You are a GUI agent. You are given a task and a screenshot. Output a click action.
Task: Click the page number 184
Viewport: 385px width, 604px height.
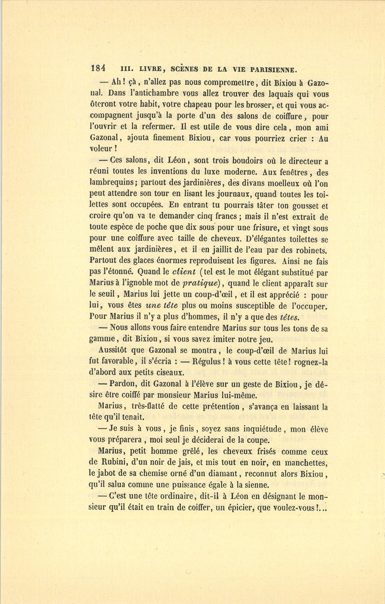[x=98, y=69]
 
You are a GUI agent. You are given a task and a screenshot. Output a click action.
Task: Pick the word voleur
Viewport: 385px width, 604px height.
[x=101, y=150]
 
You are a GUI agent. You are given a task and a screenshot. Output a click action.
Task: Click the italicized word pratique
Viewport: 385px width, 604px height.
[x=200, y=284]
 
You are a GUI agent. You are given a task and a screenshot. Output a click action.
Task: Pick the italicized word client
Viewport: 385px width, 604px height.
[x=184, y=272]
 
